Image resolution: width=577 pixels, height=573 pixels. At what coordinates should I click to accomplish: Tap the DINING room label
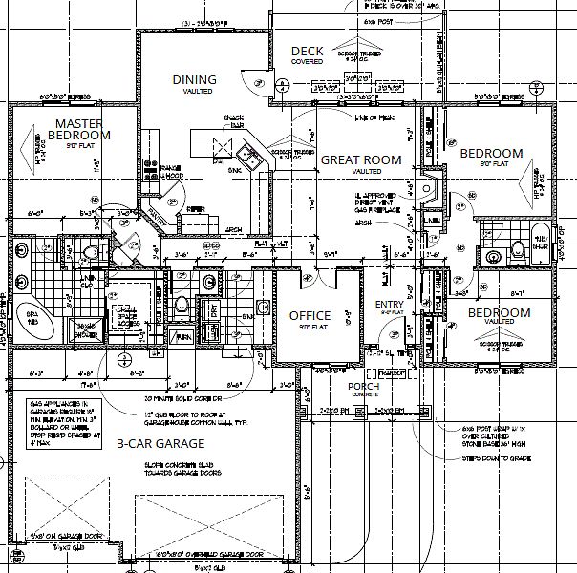point(194,80)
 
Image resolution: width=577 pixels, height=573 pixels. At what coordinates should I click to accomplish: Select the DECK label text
point(307,52)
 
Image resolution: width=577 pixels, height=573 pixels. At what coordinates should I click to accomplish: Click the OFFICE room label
point(310,316)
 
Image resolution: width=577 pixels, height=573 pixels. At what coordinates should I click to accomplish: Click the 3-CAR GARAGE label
point(160,444)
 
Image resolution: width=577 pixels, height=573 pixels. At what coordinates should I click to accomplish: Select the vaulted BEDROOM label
point(498,313)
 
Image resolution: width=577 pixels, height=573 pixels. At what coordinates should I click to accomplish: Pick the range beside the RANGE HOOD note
point(150,170)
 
